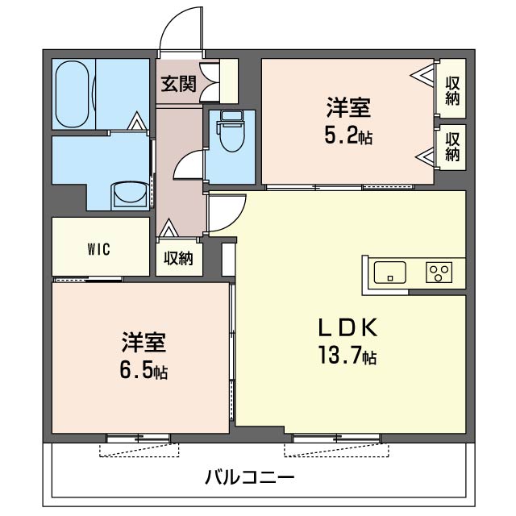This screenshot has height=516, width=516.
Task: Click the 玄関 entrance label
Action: pyautogui.click(x=178, y=83)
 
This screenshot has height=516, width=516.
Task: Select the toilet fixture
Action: pyautogui.click(x=231, y=134)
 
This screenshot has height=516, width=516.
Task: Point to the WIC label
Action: pyautogui.click(x=100, y=248)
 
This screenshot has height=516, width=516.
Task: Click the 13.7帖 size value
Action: pyautogui.click(x=348, y=355)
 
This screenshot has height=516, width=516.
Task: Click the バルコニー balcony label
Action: pyautogui.click(x=249, y=476)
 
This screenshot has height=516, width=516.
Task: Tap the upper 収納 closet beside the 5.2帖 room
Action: pyautogui.click(x=451, y=90)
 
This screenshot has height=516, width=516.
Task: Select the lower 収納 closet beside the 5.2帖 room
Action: pyautogui.click(x=451, y=147)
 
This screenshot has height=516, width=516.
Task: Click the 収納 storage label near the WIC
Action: pyautogui.click(x=179, y=258)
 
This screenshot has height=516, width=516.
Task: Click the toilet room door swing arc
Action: pyautogui.click(x=188, y=164)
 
